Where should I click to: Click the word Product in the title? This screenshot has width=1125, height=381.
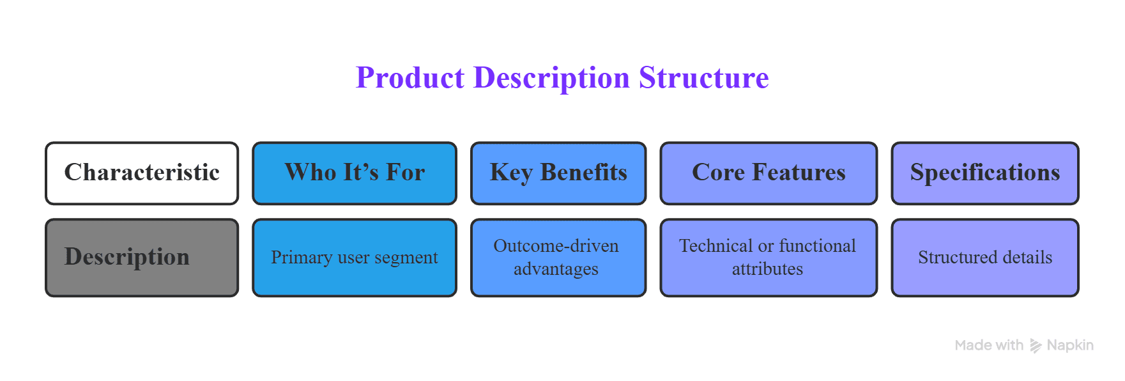coord(410,78)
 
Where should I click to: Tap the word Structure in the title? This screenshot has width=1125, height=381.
coord(704,78)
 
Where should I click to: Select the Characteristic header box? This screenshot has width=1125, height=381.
coord(142,173)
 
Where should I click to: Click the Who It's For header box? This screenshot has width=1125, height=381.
coord(355,173)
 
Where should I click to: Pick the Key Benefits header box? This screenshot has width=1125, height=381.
coord(558,173)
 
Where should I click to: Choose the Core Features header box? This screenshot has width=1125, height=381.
coord(769,173)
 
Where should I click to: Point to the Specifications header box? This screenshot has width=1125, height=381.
coord(985,173)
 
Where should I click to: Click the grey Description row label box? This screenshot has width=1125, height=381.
coord(142,258)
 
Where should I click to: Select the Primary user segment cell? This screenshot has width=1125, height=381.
coord(355,258)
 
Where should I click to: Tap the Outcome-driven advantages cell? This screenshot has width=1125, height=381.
coord(558,258)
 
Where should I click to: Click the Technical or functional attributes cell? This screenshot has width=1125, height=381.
coord(769,258)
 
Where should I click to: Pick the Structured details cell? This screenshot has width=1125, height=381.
coord(985,258)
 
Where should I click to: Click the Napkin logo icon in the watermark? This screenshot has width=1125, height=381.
coord(1036,346)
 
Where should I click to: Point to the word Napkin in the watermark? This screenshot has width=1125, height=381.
coord(1070,345)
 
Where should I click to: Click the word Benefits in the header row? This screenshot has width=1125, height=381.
coord(584,173)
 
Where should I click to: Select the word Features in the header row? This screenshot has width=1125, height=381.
coord(799,173)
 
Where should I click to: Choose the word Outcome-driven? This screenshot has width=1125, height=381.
coord(556,246)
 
